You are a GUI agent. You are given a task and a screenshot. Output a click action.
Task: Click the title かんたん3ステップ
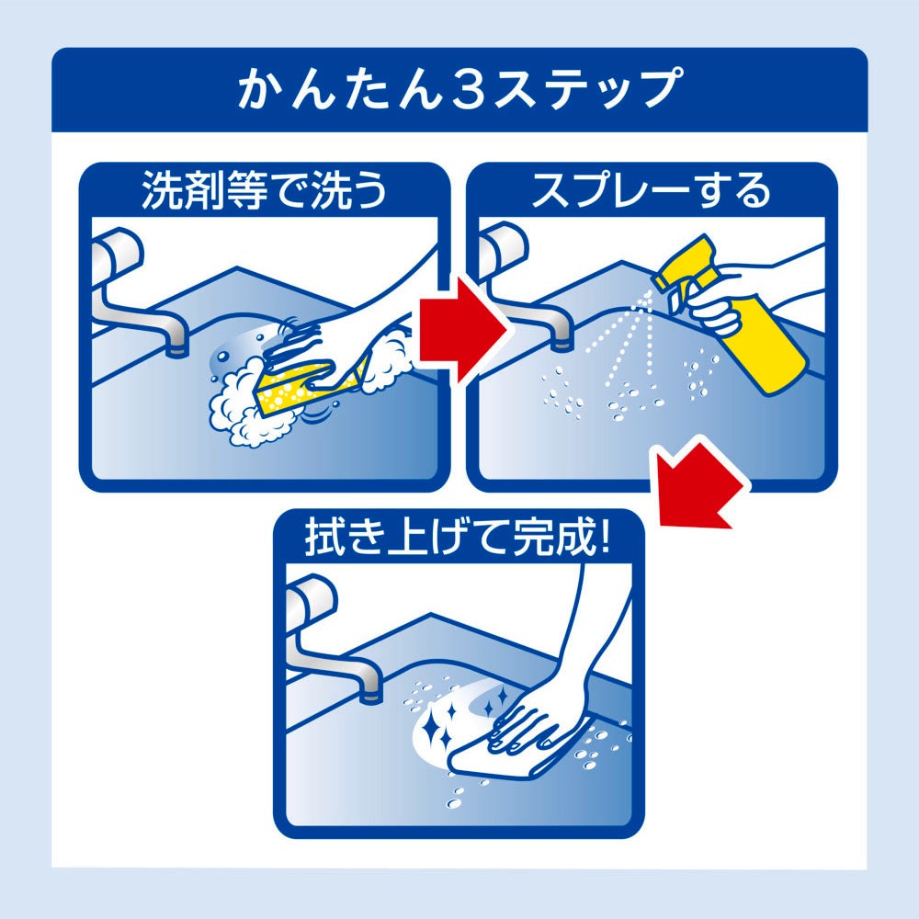point(459,88)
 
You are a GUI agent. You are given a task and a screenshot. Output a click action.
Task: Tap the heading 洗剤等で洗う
point(265,190)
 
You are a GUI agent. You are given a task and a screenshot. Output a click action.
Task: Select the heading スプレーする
point(651,190)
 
